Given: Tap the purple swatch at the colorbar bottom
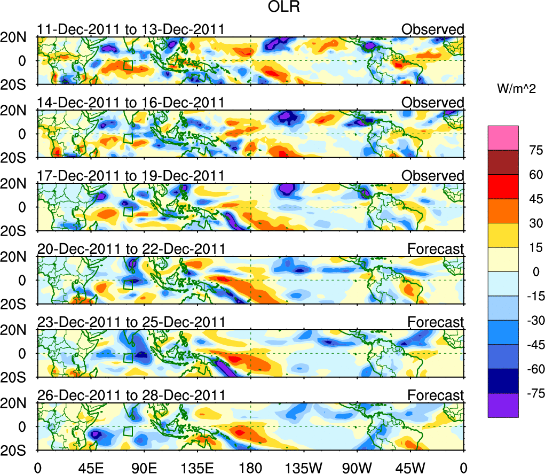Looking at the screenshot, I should pyautogui.click(x=502, y=405).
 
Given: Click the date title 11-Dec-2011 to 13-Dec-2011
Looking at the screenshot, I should pyautogui.click(x=131, y=29).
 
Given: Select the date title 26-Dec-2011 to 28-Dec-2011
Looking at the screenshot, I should pyautogui.click(x=131, y=395).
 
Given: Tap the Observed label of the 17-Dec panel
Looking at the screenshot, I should pyautogui.click(x=433, y=176).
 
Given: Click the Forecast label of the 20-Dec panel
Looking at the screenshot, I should pyautogui.click(x=436, y=249).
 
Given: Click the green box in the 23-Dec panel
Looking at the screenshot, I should pyautogui.click(x=128, y=358).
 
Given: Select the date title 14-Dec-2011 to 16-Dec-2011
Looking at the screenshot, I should pyautogui.click(x=131, y=103).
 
